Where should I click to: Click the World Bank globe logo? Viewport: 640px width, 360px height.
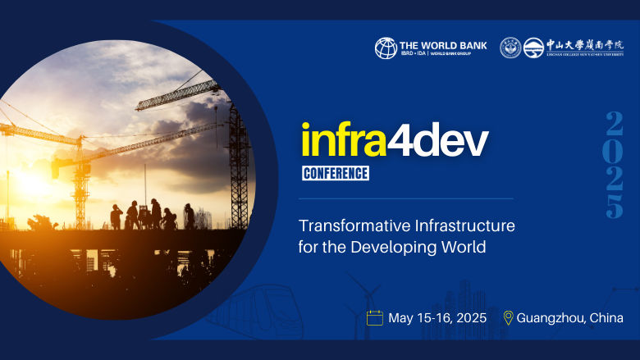[x=386, y=48]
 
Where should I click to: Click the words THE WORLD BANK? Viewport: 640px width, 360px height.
[x=442, y=44]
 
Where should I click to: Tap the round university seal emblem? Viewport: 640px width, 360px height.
[x=510, y=48]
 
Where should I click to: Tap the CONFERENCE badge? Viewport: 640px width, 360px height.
[x=335, y=173]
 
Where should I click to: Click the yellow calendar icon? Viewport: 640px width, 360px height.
[x=375, y=317]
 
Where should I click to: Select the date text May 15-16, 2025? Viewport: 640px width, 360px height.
[x=437, y=317]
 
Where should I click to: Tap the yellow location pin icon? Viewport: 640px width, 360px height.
[x=508, y=317]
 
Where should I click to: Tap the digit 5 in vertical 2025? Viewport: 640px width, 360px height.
[x=614, y=206]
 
